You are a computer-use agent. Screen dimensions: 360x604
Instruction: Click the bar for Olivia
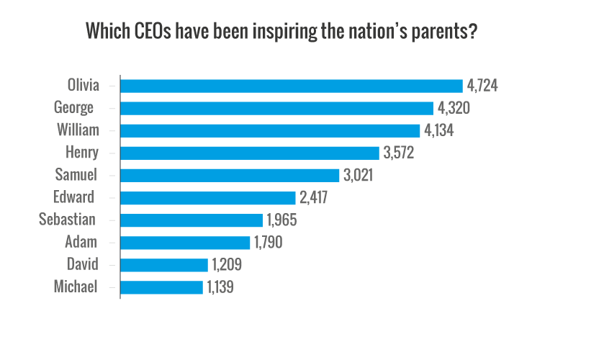point(291,86)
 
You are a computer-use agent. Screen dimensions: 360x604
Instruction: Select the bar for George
point(276,108)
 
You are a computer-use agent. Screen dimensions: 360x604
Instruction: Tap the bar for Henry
point(249,153)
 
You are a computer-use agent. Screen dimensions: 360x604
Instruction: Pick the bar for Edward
point(208,197)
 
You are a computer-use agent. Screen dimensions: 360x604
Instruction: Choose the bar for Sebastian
point(191,220)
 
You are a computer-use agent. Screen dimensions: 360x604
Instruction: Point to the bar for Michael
point(161,287)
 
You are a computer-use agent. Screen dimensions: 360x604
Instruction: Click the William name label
point(77,130)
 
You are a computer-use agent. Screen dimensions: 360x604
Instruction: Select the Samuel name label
point(76,175)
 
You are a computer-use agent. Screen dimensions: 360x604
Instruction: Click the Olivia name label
point(79,86)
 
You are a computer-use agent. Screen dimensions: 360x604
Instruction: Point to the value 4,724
point(482,86)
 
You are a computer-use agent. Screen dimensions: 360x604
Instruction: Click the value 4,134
point(439,130)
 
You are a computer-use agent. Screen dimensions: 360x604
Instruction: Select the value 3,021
point(359,175)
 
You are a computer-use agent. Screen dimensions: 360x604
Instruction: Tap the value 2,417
point(315,197)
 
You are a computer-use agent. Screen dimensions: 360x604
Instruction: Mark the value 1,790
point(269,242)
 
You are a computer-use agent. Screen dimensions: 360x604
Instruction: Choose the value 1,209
point(227,264)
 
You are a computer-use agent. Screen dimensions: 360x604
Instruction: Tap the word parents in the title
point(443,32)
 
